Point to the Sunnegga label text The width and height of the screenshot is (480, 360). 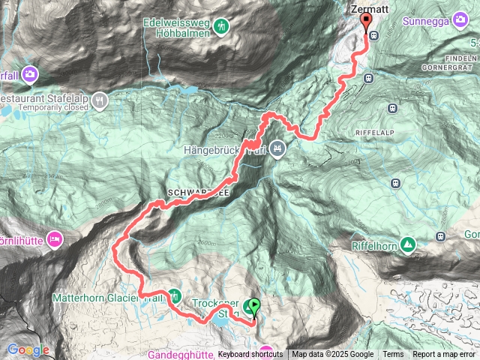coord(428,22)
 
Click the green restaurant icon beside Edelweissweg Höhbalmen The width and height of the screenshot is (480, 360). coord(220,28)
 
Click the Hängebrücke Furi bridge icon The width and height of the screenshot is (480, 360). coord(277,148)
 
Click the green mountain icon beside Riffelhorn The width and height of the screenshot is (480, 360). coord(407,245)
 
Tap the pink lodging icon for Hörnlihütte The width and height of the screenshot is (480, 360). coord(54,240)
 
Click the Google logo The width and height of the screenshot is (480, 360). coord(28,350)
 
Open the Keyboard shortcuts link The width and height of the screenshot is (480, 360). coord(250,354)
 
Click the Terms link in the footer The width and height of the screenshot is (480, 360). coord(393,354)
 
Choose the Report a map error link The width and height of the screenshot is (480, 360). coord(445,354)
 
